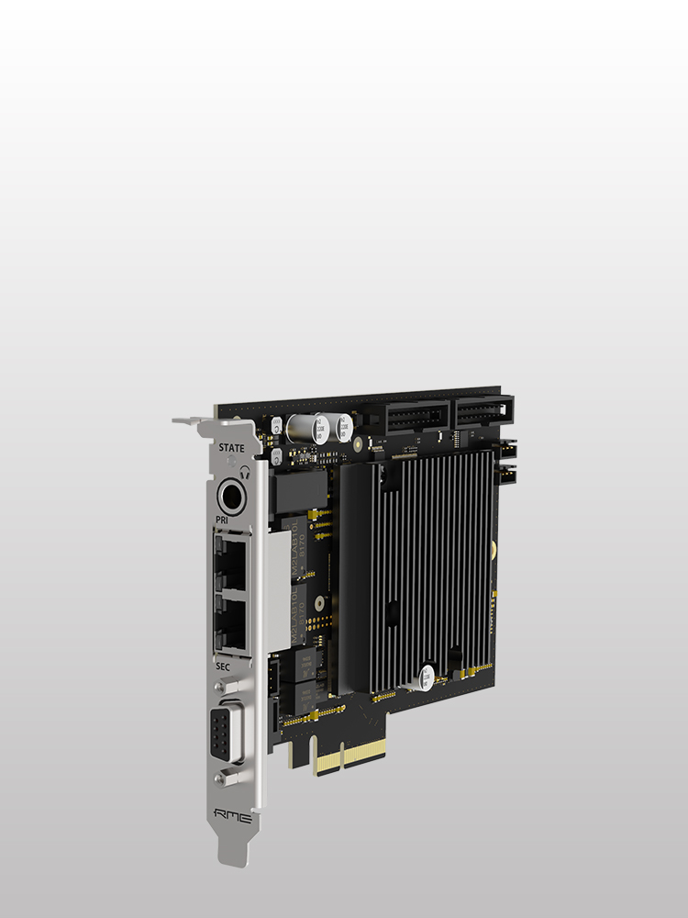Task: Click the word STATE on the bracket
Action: (x=231, y=448)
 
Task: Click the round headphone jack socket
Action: (x=231, y=499)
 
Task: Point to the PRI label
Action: (x=221, y=521)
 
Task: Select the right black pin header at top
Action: (x=483, y=409)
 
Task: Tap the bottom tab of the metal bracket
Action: (x=232, y=849)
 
